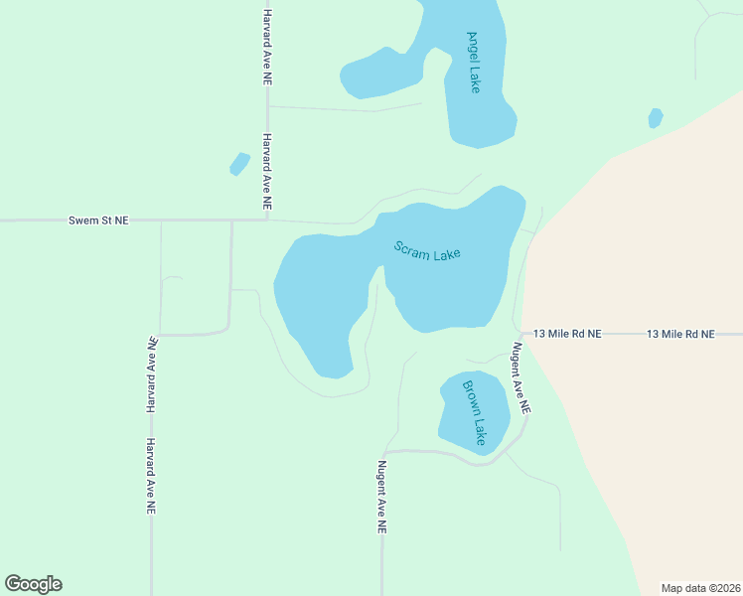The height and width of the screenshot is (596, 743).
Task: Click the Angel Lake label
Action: pyautogui.click(x=474, y=62)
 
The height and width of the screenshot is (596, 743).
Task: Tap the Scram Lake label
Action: pyautogui.click(x=427, y=251)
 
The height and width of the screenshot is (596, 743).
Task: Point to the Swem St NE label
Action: pyautogui.click(x=98, y=220)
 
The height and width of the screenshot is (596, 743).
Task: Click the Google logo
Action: pyautogui.click(x=33, y=584)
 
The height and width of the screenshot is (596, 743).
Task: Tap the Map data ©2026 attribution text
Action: pyautogui.click(x=700, y=588)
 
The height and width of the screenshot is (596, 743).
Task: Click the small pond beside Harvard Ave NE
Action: pyautogui.click(x=239, y=164)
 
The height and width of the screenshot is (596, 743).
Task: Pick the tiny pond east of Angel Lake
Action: pyautogui.click(x=655, y=118)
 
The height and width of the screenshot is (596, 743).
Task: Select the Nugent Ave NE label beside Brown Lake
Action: pyautogui.click(x=521, y=378)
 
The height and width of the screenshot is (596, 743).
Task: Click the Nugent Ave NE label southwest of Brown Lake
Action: pyautogui.click(x=380, y=498)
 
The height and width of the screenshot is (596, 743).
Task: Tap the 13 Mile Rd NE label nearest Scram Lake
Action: pyautogui.click(x=567, y=335)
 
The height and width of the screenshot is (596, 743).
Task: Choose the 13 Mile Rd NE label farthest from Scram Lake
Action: pyautogui.click(x=680, y=335)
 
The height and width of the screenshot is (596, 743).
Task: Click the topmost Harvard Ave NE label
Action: pyautogui.click(x=267, y=48)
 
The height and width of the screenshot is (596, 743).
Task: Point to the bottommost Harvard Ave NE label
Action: pyautogui.click(x=151, y=476)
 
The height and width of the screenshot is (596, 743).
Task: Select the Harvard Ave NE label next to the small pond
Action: pyautogui.click(x=267, y=171)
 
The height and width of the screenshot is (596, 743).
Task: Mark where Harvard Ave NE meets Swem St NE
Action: pyautogui.click(x=267, y=220)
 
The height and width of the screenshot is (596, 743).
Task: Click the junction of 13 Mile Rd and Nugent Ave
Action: pyautogui.click(x=518, y=334)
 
